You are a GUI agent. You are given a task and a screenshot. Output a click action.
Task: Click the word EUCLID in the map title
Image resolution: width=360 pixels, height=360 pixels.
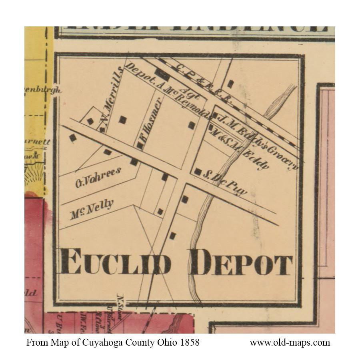[116, 262]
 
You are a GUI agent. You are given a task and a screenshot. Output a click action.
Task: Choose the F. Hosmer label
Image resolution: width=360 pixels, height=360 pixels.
[150, 122]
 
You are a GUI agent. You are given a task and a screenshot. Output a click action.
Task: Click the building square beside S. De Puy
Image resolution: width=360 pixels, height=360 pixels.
[198, 172]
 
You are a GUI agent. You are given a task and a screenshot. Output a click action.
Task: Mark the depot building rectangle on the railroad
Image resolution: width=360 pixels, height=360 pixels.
[162, 74]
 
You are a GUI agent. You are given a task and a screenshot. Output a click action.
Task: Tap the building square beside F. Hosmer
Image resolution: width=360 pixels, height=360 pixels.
[140, 145]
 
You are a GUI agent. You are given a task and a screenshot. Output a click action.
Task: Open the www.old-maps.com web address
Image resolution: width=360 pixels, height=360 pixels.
[290, 343]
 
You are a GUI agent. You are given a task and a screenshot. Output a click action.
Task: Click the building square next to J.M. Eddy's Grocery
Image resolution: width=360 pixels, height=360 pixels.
[215, 116]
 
